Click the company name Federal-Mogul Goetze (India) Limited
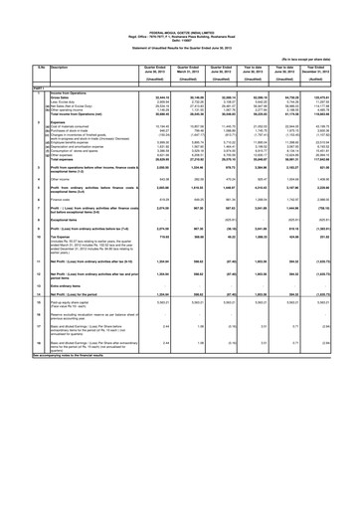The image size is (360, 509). coord(180,6)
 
